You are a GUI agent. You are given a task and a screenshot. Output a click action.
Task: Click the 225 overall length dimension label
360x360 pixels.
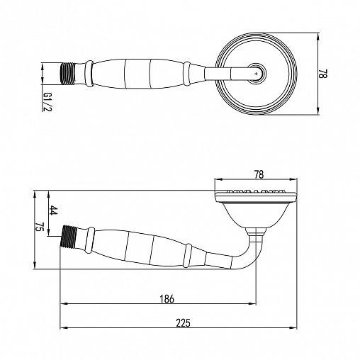tap(183, 322)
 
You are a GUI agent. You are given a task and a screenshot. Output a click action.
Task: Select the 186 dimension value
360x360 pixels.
tap(167, 299)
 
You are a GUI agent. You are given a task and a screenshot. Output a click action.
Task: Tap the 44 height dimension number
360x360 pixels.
tap(54, 210)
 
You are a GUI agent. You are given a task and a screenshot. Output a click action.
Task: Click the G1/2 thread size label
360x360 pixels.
tap(47, 101)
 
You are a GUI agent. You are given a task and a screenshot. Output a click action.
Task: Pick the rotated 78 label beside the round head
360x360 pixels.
tap(323, 74)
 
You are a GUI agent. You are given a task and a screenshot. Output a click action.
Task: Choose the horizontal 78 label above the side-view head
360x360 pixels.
tap(259, 174)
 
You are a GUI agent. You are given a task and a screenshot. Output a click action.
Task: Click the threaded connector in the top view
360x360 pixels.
tap(67, 74)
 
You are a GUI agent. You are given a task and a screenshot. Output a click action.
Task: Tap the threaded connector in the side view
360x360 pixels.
tap(69, 237)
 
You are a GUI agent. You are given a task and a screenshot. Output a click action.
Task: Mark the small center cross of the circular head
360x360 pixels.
tap(257, 74)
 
